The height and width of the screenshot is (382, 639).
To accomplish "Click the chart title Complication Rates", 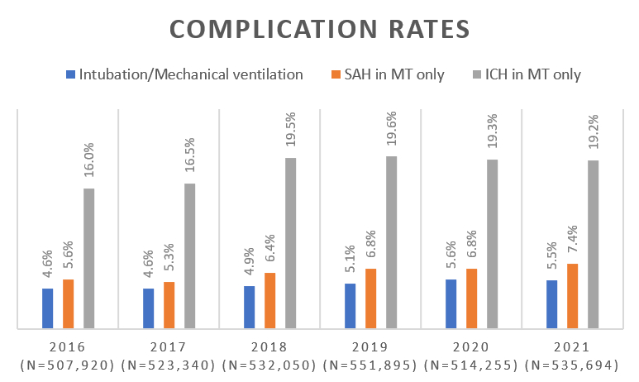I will point(319,29).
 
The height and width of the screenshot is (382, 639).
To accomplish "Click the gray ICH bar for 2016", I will point(88,259).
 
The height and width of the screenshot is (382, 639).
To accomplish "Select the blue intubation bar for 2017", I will point(149,309).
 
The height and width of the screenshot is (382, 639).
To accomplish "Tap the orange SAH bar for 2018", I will point(270,301).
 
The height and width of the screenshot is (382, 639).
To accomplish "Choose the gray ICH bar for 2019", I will point(391,242).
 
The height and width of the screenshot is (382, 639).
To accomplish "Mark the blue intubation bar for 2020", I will point(451,304).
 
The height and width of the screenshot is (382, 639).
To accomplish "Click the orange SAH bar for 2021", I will point(573,296).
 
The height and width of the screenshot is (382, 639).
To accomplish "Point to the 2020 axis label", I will point(471,346).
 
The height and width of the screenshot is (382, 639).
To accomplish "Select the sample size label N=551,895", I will point(370,365).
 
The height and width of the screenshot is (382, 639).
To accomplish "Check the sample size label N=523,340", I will point(169,365).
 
